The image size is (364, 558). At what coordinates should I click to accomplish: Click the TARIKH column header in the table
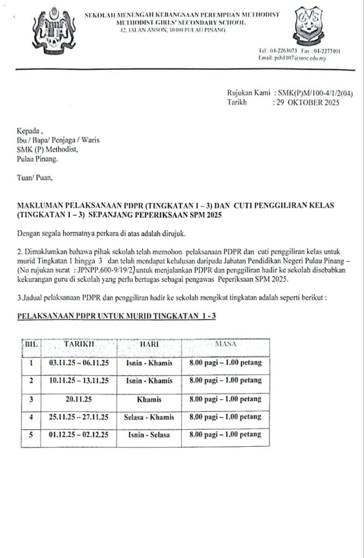tap(80, 344)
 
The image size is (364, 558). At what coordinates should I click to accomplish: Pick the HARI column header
tap(149, 344)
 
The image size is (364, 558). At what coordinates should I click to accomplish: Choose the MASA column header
tap(225, 344)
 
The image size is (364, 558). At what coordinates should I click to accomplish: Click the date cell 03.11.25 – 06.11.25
tap(80, 362)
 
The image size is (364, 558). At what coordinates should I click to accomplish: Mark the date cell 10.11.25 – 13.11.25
tap(80, 381)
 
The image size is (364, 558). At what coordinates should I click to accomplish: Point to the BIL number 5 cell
tap(31, 435)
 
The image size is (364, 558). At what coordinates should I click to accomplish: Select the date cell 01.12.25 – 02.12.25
tap(80, 435)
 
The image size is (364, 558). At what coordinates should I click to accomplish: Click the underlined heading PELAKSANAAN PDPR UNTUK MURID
tap(117, 316)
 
